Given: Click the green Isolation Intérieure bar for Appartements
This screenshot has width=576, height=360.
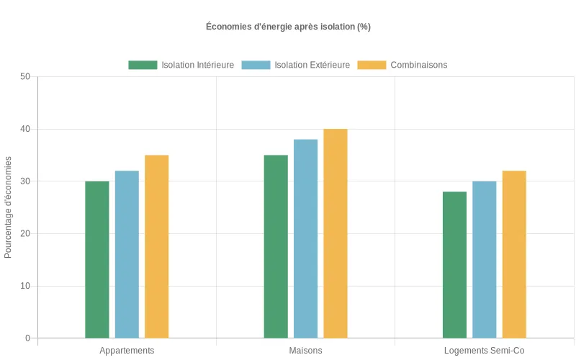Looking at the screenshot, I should [97, 259].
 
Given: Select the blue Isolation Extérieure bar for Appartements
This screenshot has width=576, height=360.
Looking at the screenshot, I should [127, 254].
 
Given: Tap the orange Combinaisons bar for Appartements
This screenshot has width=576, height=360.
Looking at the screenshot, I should [156, 246].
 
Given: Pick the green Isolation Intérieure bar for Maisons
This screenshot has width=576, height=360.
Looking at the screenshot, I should [276, 246].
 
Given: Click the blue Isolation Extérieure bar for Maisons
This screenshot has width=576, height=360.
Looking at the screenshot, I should [305, 238].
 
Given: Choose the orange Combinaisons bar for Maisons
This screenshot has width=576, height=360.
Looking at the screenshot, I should [335, 233].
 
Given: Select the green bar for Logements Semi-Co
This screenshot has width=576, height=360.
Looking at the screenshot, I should [454, 264].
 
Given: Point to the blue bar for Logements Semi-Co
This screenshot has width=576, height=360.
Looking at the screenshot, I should [484, 259].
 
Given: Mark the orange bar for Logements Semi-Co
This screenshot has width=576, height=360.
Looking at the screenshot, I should [514, 254].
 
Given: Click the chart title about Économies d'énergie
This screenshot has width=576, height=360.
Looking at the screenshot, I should [288, 27].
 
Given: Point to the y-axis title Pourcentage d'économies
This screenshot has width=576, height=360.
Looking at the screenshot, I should [9, 207].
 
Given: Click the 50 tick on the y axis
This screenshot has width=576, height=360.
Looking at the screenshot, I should [25, 77].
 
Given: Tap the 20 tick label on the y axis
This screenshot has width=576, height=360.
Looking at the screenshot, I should [25, 233].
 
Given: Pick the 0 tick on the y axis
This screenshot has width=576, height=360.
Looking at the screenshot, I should [27, 338].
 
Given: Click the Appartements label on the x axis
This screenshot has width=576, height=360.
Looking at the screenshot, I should [127, 351].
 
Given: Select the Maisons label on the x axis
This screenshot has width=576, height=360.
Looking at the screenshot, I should [305, 351].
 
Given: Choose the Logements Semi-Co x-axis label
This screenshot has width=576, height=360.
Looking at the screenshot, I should [484, 351].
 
